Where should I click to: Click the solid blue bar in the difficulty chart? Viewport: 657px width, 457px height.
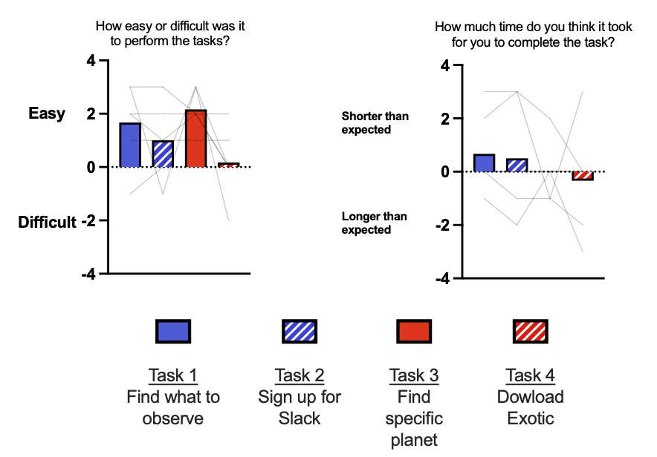click(130, 145)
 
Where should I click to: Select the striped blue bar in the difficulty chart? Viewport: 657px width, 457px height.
click(163, 154)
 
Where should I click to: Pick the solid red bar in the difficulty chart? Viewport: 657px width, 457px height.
click(195, 139)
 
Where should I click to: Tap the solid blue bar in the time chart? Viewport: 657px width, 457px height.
click(484, 163)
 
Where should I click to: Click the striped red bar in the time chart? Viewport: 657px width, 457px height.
click(582, 176)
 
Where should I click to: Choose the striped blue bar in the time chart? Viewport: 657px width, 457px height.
click(517, 165)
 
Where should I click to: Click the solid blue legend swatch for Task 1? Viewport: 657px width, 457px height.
click(173, 331)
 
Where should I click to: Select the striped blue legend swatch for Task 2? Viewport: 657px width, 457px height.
click(300, 331)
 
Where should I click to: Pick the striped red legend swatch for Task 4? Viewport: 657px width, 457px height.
click(530, 331)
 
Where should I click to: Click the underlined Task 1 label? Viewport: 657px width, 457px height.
click(173, 375)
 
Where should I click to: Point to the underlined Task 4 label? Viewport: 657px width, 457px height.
click(530, 375)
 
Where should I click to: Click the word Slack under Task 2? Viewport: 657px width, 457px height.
click(300, 418)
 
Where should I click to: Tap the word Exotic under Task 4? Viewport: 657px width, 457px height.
click(530, 418)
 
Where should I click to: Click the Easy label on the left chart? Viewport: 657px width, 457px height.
click(47, 114)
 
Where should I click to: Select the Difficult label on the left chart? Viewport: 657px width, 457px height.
click(48, 222)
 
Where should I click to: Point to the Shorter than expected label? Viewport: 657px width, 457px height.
click(375, 122)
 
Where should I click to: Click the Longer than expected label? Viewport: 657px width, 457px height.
click(375, 223)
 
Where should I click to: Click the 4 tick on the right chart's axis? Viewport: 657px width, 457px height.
click(445, 65)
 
